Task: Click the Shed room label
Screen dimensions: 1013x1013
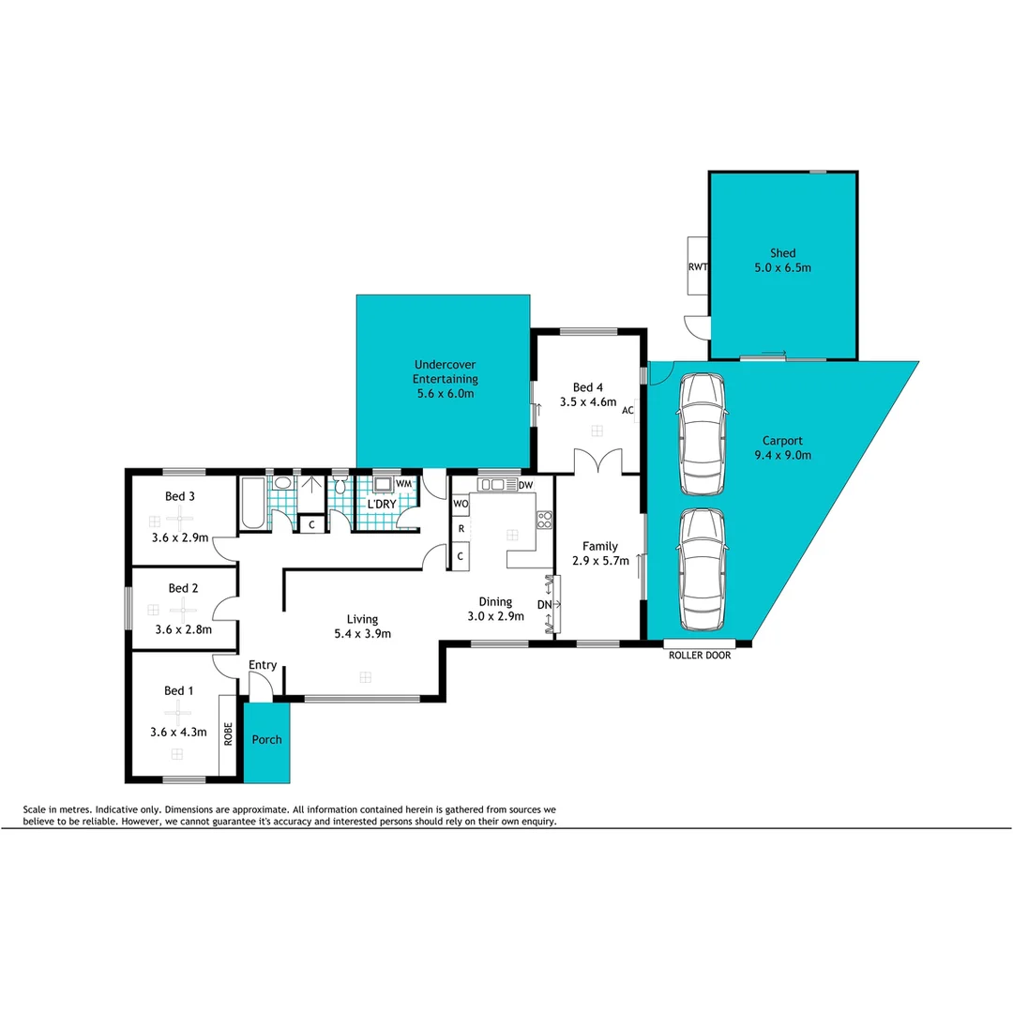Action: pyautogui.click(x=782, y=253)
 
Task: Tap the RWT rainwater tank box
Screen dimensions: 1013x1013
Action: pyautogui.click(x=697, y=266)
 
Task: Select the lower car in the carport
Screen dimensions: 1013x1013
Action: pyautogui.click(x=702, y=569)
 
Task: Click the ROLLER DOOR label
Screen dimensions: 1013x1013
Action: pyautogui.click(x=699, y=656)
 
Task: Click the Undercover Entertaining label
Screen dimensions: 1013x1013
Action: pyautogui.click(x=446, y=371)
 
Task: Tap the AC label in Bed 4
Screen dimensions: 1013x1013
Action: pyautogui.click(x=627, y=411)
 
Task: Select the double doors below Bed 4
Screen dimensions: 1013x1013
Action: pyautogui.click(x=597, y=461)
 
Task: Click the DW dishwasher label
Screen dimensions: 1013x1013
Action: pyautogui.click(x=525, y=484)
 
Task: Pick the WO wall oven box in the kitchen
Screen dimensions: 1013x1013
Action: pyautogui.click(x=461, y=504)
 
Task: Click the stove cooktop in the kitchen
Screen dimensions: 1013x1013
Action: pyautogui.click(x=544, y=519)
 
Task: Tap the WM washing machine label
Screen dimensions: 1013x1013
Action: pyautogui.click(x=402, y=483)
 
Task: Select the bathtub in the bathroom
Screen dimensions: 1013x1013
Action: pyautogui.click(x=253, y=503)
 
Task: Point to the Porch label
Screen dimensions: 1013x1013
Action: pyautogui.click(x=267, y=739)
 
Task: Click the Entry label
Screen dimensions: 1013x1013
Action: pyautogui.click(x=263, y=665)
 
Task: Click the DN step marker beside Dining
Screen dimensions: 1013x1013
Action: pyautogui.click(x=544, y=605)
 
